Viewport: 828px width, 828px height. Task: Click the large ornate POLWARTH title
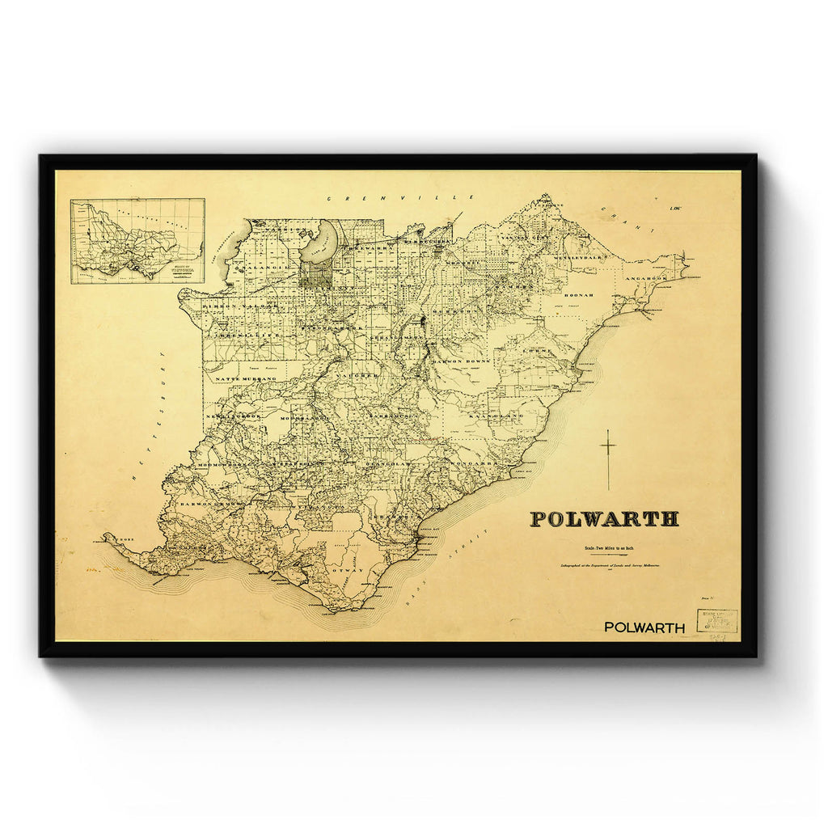point(604,519)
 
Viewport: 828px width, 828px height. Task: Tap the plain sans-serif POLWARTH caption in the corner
point(644,627)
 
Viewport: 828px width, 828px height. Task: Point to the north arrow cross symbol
point(608,458)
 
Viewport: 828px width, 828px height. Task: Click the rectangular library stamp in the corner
point(717,621)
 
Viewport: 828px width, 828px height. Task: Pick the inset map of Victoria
point(137,241)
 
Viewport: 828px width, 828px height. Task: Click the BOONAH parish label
point(578,295)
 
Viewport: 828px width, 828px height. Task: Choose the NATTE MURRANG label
point(240,378)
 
